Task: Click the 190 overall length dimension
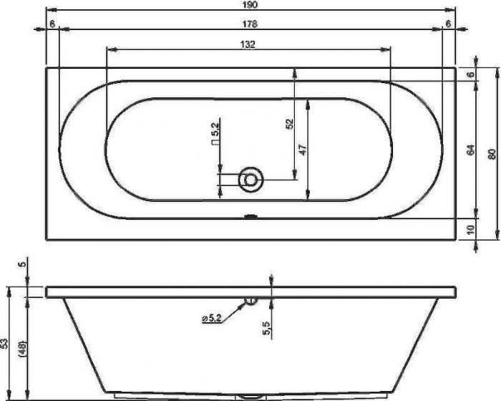250,4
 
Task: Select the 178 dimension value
250,24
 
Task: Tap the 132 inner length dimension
248,44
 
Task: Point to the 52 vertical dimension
289,123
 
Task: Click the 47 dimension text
303,150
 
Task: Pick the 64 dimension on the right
471,150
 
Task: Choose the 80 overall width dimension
492,155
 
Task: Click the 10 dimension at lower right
471,230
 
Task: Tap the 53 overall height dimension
4,343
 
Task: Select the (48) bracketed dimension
23,348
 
